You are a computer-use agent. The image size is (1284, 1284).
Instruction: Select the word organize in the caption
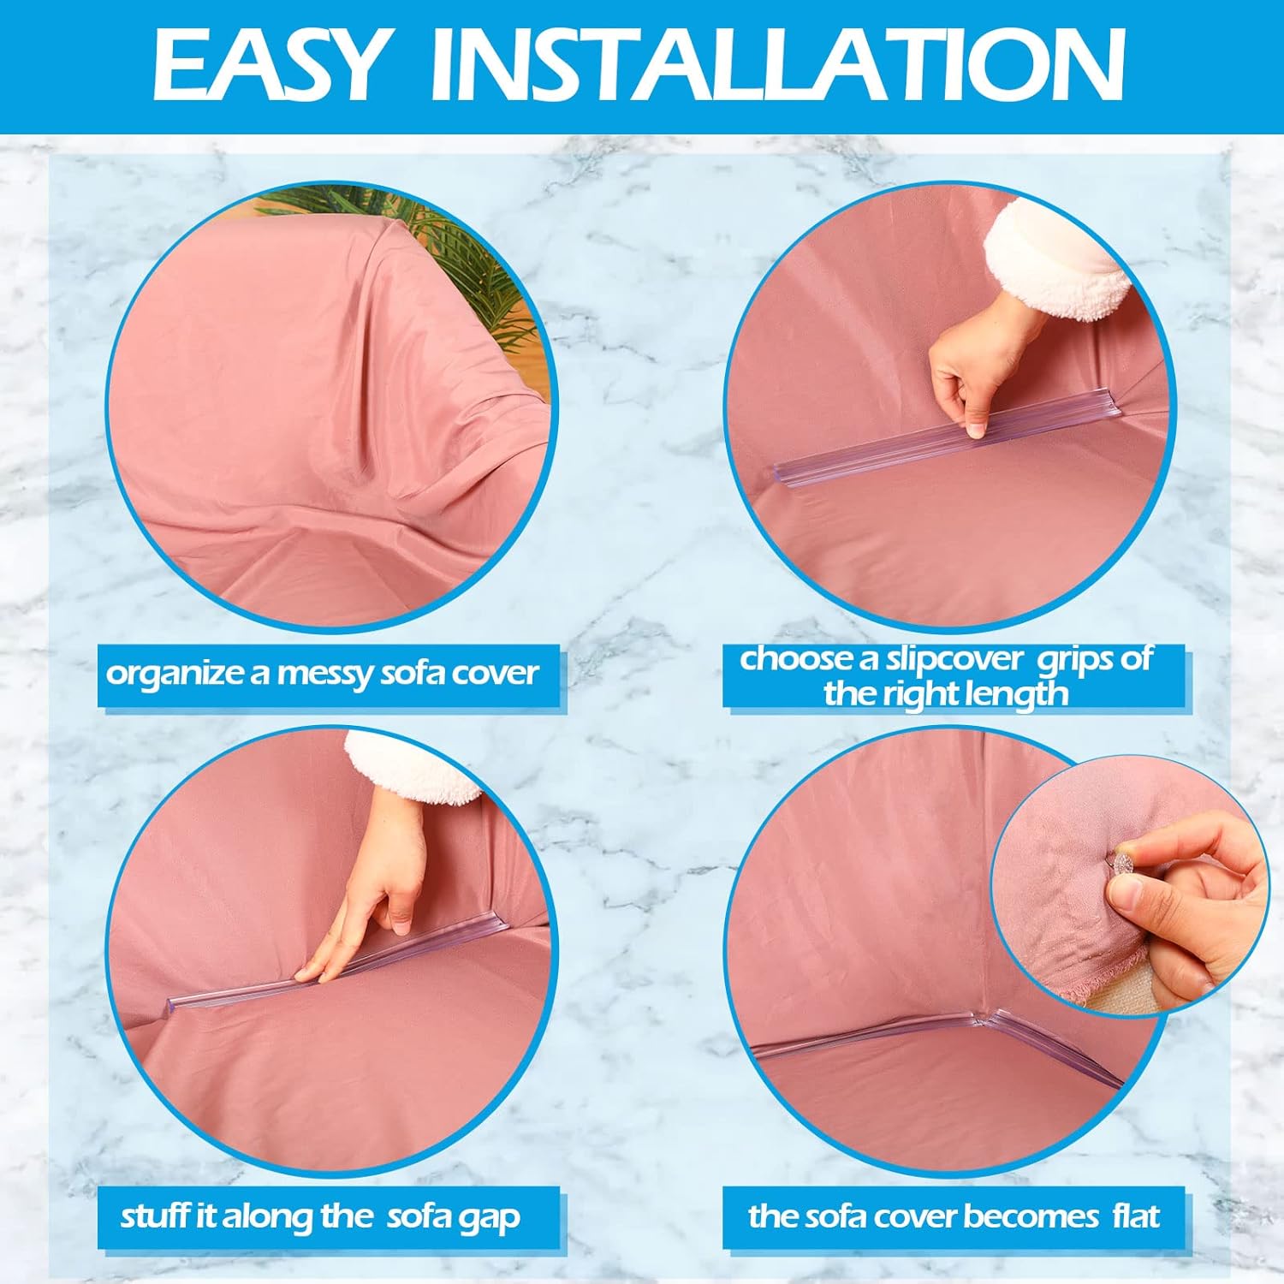(x=174, y=675)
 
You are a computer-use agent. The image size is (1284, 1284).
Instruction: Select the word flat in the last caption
(x=1136, y=1216)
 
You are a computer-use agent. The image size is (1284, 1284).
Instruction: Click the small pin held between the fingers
(x=1118, y=859)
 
